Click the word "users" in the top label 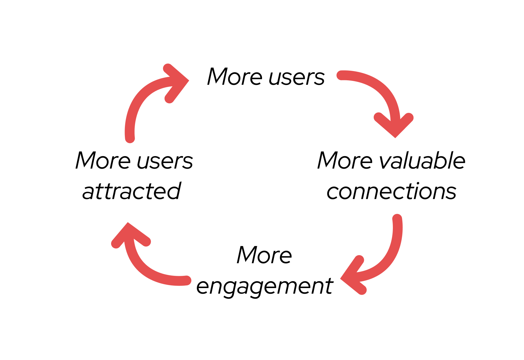point(297,77)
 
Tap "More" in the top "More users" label point(235,77)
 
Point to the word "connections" point(391,192)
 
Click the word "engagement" point(265,287)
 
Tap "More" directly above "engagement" point(264,256)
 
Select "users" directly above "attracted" point(165,161)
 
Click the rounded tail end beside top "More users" point(341,75)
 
